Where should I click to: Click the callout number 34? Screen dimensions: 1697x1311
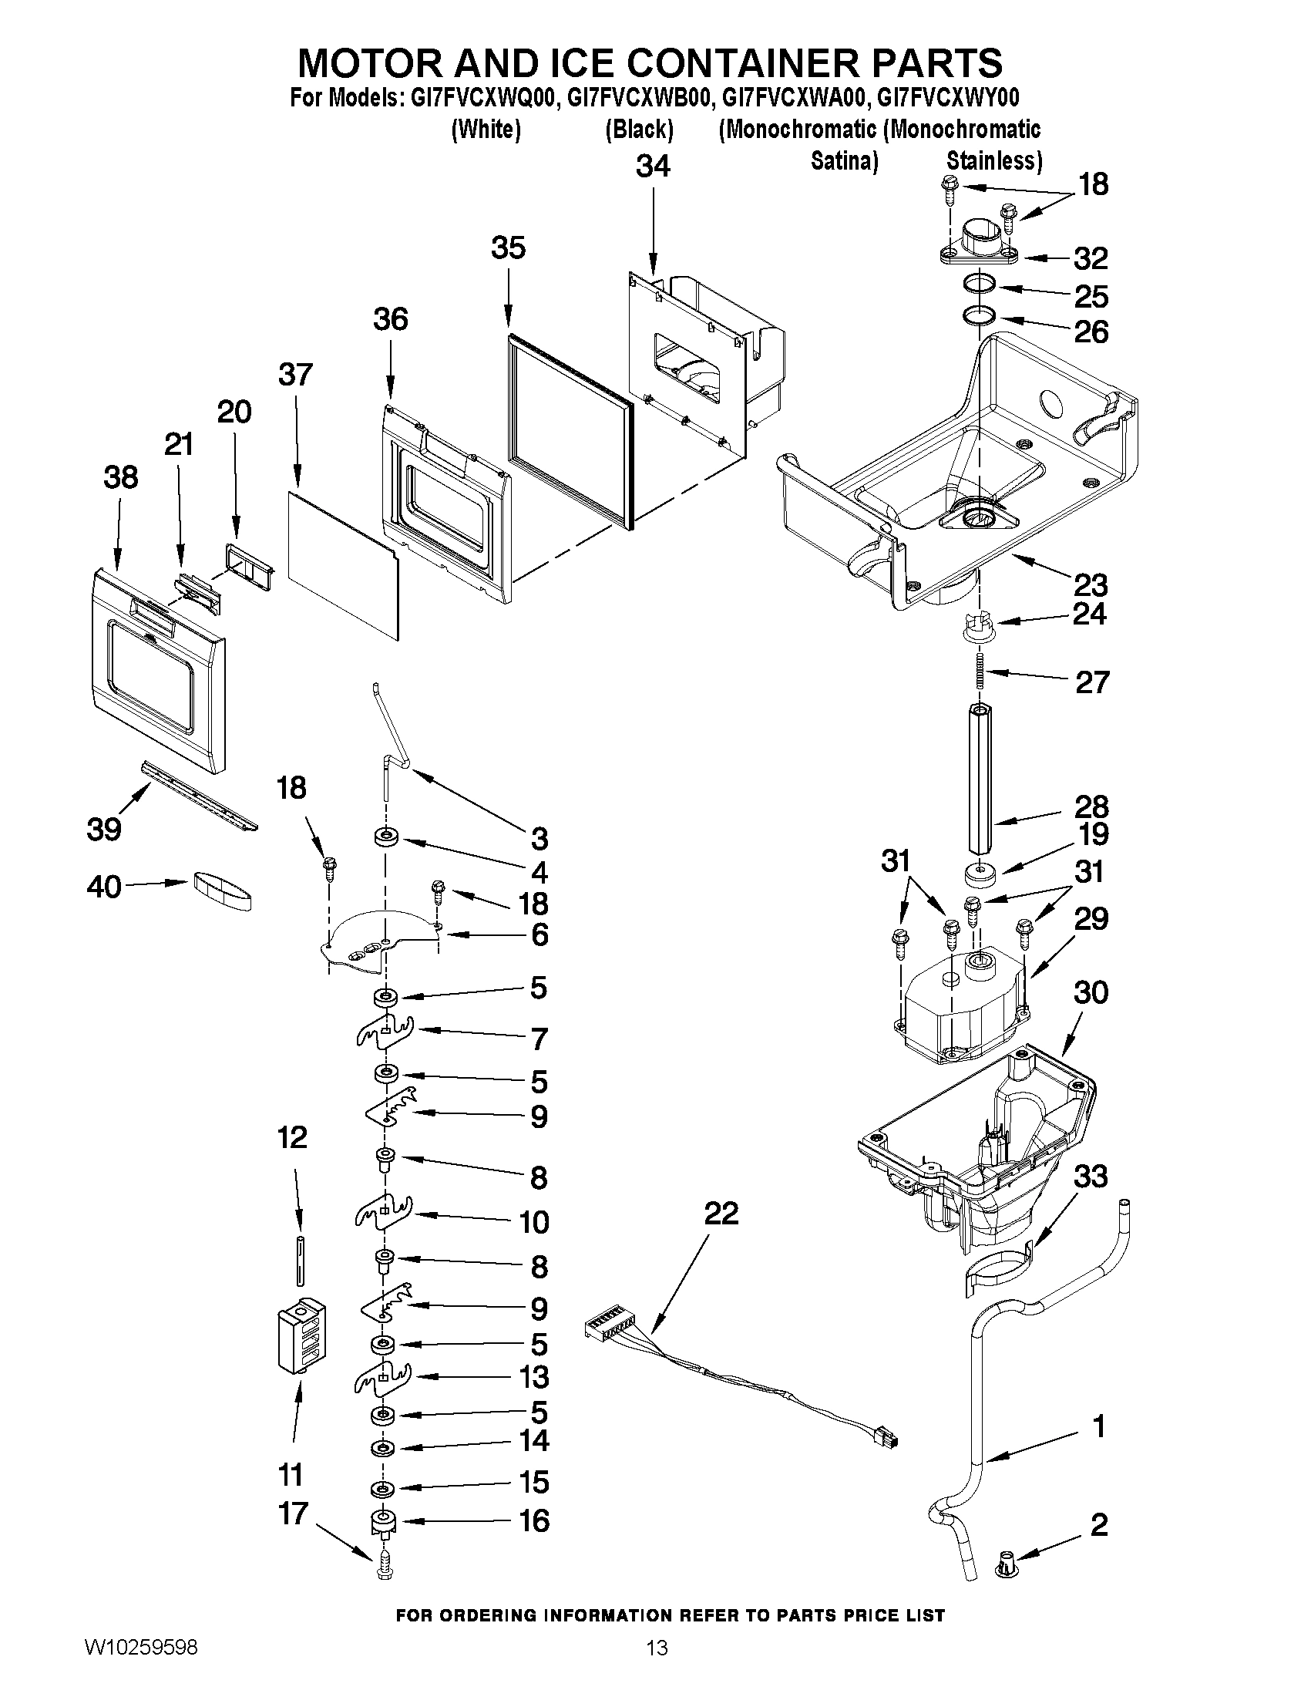point(652,167)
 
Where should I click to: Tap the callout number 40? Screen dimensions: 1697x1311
point(104,887)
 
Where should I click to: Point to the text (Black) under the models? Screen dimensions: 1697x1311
point(639,129)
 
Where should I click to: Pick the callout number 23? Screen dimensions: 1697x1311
point(1091,584)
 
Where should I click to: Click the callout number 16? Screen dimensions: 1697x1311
point(534,1520)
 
